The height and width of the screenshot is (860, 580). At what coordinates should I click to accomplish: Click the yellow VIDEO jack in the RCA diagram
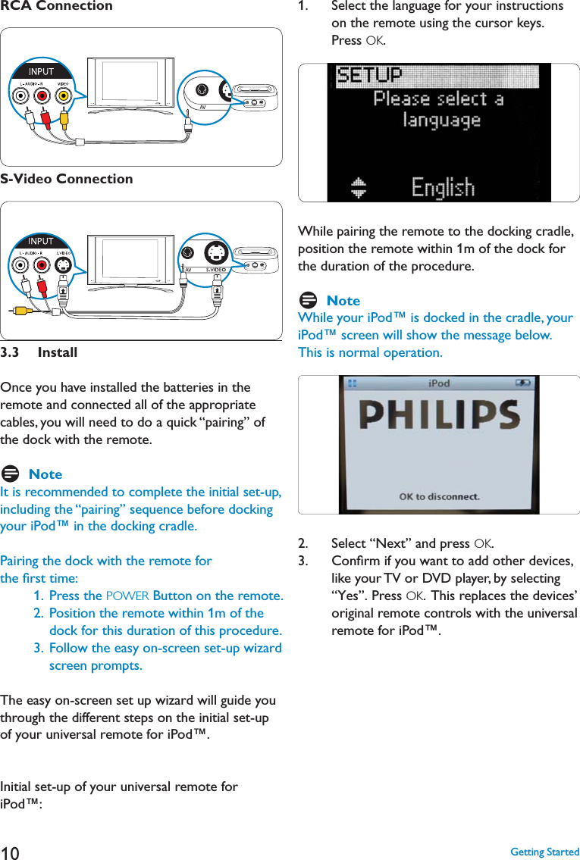[64, 96]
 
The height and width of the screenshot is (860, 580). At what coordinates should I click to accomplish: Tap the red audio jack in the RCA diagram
[42, 96]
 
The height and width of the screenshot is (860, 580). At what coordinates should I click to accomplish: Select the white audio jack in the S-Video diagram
[21, 265]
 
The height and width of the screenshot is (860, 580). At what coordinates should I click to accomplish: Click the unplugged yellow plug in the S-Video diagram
[21, 311]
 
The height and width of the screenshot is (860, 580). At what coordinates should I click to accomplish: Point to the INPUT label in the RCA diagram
[41, 71]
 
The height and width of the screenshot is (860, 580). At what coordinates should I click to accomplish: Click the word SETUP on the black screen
[368, 74]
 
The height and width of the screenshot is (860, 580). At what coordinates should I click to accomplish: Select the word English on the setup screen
[443, 187]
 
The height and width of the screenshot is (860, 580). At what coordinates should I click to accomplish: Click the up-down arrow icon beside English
[359, 187]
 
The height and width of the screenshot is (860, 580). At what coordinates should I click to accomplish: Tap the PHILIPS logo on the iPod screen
[440, 414]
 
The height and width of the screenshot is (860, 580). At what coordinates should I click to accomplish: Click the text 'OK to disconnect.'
[440, 496]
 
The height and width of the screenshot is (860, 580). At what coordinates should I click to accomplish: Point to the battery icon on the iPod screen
[523, 383]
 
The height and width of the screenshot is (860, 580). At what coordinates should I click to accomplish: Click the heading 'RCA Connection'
[57, 6]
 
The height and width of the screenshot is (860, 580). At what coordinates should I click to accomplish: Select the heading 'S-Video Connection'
[67, 179]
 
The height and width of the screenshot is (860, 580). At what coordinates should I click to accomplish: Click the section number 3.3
[9, 352]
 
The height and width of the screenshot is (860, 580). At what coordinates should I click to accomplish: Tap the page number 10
[10, 853]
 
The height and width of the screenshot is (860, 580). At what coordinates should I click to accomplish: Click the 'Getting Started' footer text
[545, 852]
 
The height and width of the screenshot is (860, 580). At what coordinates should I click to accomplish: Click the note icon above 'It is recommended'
[10, 474]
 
